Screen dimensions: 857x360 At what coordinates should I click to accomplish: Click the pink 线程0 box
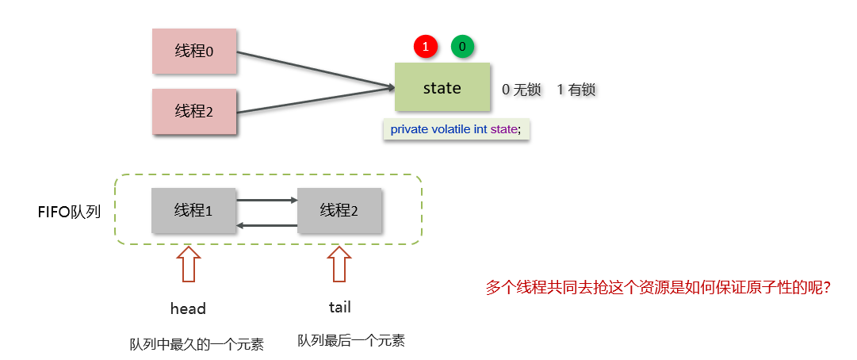[194, 52]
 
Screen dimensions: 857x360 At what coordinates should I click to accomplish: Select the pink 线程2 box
[194, 112]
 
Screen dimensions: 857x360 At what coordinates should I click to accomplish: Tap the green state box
[442, 88]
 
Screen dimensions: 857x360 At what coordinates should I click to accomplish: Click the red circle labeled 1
[426, 47]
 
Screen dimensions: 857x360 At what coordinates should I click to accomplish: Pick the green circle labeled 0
[462, 47]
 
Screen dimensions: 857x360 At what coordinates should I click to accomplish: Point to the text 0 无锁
[522, 90]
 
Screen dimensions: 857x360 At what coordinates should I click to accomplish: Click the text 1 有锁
[576, 90]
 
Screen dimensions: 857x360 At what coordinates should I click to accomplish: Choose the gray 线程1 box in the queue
[193, 210]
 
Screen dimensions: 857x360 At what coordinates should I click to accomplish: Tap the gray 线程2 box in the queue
[339, 210]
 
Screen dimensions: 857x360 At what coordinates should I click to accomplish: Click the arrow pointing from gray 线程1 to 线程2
[266, 200]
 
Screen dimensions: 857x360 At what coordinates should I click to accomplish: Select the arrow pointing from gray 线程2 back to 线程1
[266, 226]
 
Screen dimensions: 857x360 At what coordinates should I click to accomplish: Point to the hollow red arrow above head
[188, 263]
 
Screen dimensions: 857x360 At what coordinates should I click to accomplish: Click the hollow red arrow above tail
[339, 263]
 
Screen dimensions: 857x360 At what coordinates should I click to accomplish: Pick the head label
[188, 308]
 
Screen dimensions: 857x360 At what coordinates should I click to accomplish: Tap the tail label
[339, 307]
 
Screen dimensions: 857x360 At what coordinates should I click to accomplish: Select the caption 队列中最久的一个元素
[196, 344]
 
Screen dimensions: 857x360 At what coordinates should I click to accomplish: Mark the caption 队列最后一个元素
[351, 341]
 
